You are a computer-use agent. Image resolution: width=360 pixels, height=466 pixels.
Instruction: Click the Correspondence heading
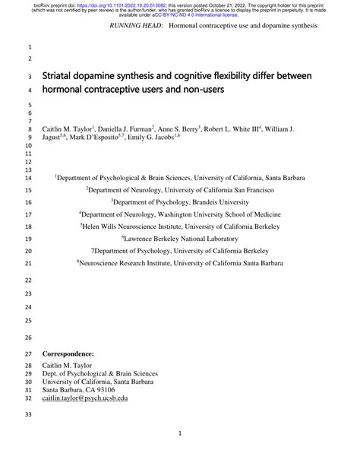pyautogui.click(x=70, y=353)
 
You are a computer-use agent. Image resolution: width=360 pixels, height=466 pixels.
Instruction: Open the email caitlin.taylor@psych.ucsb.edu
pyautogui.click(x=85, y=398)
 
